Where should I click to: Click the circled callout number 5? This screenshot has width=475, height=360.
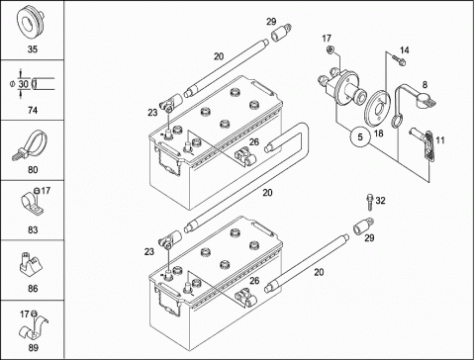pos(360,136)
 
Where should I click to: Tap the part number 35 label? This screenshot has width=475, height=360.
pos(33,49)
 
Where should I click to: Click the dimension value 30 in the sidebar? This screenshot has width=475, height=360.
pos(24,84)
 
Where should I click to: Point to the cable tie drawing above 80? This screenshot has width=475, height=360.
pos(31,145)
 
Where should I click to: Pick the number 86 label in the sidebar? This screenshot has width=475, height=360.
pos(33,289)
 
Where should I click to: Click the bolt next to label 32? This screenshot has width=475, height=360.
pos(369,202)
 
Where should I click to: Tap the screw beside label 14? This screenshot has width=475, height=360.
pos(399,60)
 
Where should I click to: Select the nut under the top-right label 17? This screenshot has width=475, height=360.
pos(330,50)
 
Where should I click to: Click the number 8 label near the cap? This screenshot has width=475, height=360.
pos(425,85)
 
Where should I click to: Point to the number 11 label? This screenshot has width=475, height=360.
pos(440,140)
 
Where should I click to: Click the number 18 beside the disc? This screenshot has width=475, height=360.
pos(378,134)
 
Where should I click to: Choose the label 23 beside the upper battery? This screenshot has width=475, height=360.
pos(152,113)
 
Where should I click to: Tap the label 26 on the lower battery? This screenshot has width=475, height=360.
pos(254,281)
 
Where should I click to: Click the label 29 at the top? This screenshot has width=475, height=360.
pos(271,22)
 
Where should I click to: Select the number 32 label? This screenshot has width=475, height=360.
pos(380,201)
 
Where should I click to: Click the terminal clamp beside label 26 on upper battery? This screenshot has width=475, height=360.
pos(245,156)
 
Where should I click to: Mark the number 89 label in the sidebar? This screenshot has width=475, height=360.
pos(33,347)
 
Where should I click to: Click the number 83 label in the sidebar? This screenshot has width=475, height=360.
pos(33,229)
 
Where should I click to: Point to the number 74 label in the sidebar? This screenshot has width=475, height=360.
pos(33,110)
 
